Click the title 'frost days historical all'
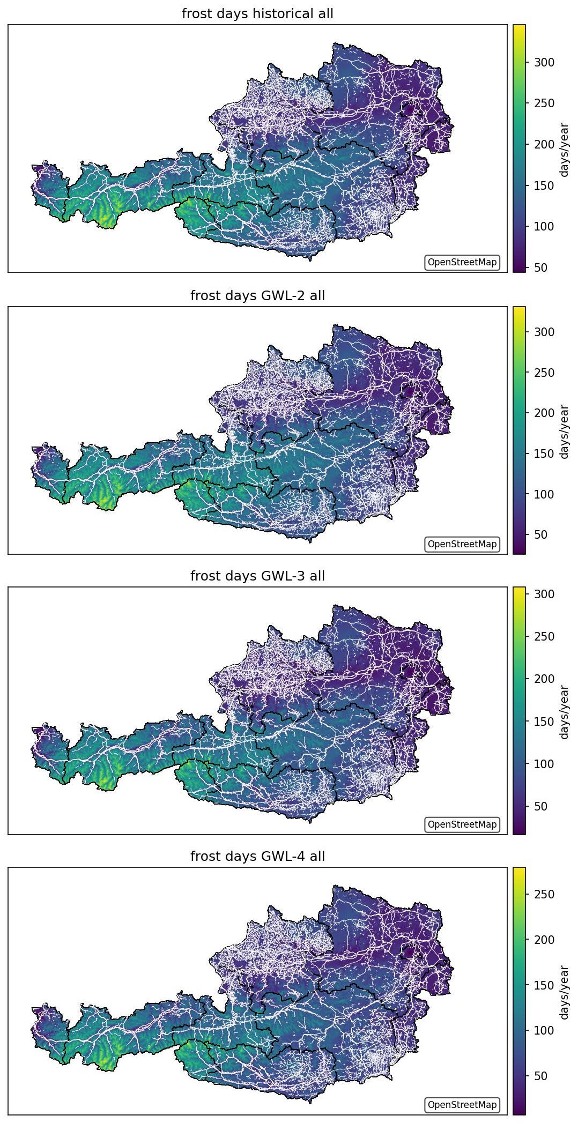(257, 14)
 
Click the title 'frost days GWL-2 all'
(257, 295)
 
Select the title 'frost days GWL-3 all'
(257, 576)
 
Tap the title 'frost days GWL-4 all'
(257, 857)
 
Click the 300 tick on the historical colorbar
(544, 62)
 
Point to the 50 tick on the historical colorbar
(540, 267)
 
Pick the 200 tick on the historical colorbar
(544, 144)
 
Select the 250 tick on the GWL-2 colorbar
(544, 373)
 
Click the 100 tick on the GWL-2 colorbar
(544, 494)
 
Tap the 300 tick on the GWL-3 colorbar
(544, 594)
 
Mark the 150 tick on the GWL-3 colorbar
(544, 722)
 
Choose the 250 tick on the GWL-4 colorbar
(544, 894)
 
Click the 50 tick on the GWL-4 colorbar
(540, 1076)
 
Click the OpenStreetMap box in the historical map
(462, 263)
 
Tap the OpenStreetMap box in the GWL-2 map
(462, 544)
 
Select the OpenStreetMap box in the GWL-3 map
(462, 824)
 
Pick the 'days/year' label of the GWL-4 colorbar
(564, 992)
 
